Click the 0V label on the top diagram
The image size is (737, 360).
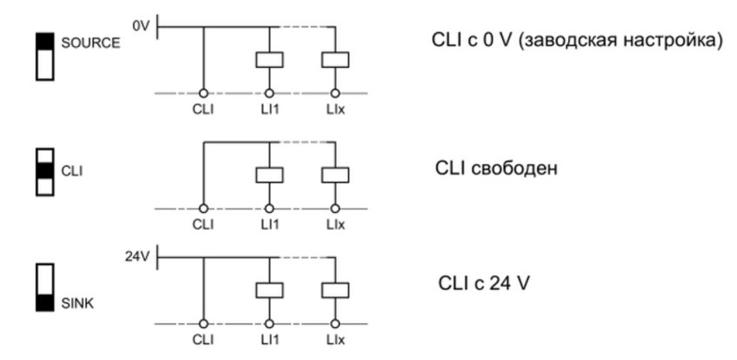140,26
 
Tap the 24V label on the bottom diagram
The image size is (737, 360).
137,257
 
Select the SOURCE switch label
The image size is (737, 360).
91,43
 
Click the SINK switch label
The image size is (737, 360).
77,304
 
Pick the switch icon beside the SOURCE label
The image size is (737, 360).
45,57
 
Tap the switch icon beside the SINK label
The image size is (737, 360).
45,287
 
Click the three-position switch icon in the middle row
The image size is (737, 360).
45,172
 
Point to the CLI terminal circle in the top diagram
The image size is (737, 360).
204,94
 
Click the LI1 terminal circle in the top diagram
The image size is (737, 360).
269,94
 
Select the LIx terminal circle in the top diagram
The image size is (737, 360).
335,94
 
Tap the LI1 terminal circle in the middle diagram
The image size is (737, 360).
269,208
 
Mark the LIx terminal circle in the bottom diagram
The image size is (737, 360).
335,324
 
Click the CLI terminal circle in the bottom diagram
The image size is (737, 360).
204,324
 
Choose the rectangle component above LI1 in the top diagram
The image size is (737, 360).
269,60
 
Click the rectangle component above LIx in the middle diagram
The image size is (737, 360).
335,175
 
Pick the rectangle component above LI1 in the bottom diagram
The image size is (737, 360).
269,290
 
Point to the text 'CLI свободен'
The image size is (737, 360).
497,168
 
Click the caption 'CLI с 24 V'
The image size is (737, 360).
484,284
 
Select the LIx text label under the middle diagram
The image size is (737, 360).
336,224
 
